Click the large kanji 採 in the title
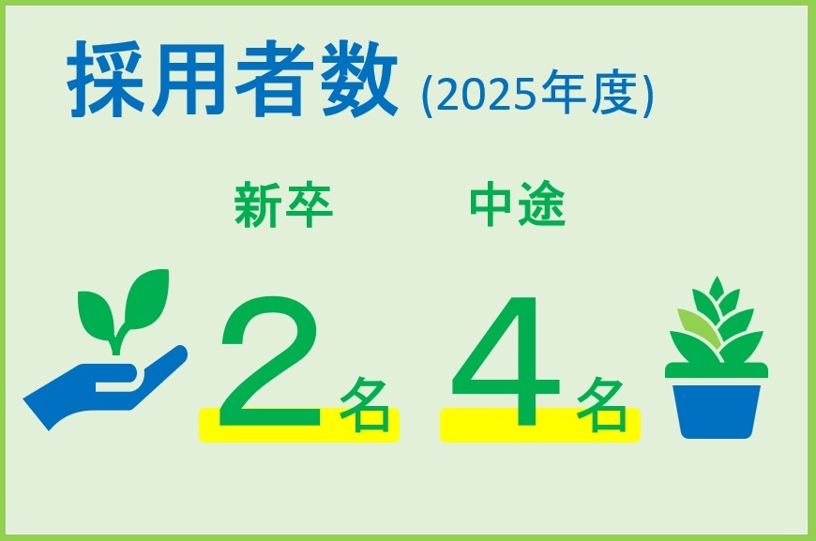105,79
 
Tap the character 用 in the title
189,79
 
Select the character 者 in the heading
274,79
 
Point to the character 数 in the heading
359,79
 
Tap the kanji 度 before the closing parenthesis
614,93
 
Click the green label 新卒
283,204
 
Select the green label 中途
518,203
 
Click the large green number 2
271,361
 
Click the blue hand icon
104,386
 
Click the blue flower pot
717,411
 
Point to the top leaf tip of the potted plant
718,278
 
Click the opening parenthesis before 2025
427,97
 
